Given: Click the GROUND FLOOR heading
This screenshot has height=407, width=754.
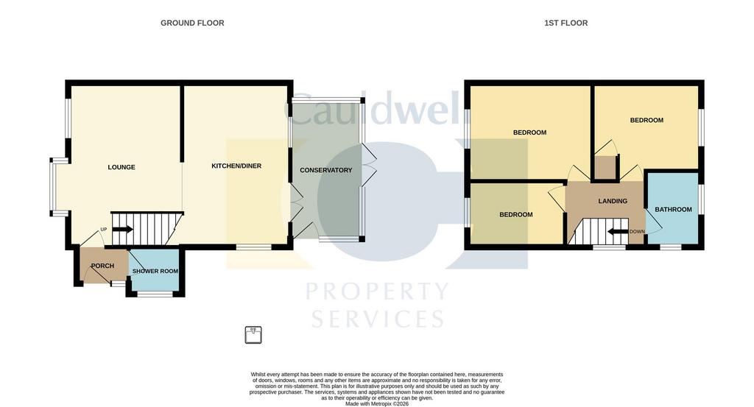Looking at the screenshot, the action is (x=192, y=23).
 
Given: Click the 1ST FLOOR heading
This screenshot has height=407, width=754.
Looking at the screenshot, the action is (x=566, y=23).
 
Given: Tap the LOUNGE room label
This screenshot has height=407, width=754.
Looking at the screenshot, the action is (x=121, y=167).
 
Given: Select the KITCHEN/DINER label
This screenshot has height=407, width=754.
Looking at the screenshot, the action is (x=236, y=166).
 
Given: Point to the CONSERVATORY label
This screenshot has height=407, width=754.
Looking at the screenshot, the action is (x=326, y=170).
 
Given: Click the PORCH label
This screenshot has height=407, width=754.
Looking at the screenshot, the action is (x=102, y=266).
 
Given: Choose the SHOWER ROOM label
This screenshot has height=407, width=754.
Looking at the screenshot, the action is (x=155, y=271).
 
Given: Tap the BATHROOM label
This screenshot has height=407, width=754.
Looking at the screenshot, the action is (x=673, y=210).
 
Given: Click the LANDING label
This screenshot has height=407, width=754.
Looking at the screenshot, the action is (x=613, y=201).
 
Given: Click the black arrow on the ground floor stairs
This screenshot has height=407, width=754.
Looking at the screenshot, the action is (x=123, y=229).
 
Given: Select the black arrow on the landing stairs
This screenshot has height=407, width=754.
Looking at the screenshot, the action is (x=618, y=232).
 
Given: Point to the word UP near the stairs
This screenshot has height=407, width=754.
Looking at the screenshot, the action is (x=103, y=229).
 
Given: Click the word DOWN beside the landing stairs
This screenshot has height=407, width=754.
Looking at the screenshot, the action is (x=637, y=232).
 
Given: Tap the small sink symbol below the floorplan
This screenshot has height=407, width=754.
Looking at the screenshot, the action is (x=253, y=335).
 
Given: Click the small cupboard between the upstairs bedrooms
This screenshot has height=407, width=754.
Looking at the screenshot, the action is (x=605, y=168).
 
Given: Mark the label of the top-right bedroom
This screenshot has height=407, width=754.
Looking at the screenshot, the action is (x=646, y=120).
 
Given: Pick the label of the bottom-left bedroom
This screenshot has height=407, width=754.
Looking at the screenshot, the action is (x=516, y=214).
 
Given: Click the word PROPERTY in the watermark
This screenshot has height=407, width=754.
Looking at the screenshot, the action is (x=377, y=291).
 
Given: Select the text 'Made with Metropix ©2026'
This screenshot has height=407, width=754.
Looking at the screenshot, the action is (x=377, y=404).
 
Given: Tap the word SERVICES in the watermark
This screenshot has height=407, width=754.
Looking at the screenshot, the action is (x=378, y=319).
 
